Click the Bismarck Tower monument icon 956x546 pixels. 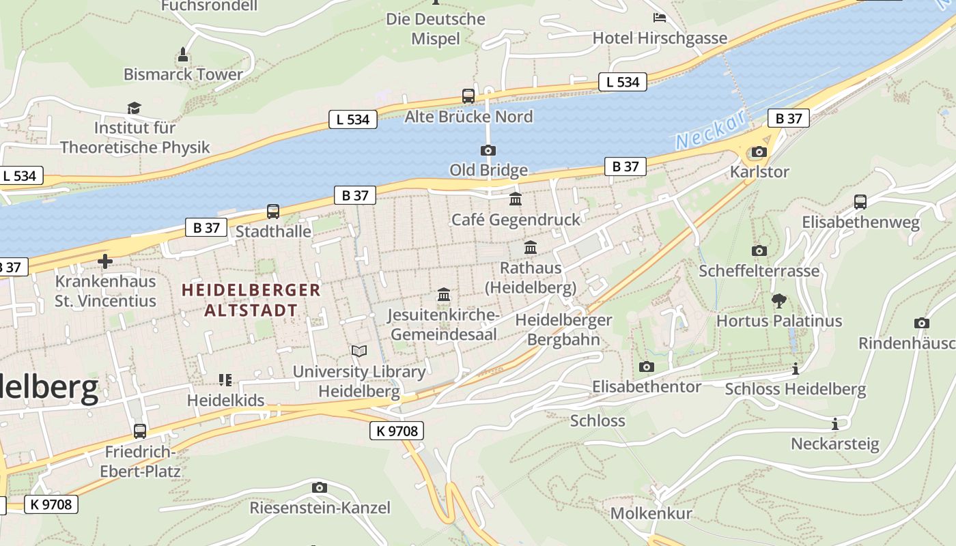(x=182, y=53)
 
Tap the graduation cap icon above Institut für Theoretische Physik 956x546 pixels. (x=134, y=108)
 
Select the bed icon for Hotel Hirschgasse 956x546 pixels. (x=659, y=18)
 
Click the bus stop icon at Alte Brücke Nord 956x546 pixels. (x=468, y=96)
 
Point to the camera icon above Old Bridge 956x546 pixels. (x=488, y=150)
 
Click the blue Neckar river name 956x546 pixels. (x=710, y=130)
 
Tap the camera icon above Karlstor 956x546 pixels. (x=759, y=152)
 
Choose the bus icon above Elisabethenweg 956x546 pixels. (x=860, y=201)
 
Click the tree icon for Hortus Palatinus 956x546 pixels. (x=778, y=300)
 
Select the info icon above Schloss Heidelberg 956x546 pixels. (x=795, y=369)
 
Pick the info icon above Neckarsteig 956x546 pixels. (x=834, y=424)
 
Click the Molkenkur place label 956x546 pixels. (x=651, y=513)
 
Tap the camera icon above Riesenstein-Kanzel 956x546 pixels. (x=319, y=487)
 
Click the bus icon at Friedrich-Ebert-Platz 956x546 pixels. (x=139, y=431)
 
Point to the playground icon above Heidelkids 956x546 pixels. (x=225, y=379)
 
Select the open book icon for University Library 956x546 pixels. (x=358, y=351)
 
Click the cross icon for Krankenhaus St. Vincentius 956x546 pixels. (x=105, y=261)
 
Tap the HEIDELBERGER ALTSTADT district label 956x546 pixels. (x=251, y=300)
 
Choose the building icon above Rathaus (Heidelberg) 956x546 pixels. (x=530, y=247)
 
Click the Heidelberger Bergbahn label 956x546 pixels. (x=563, y=329)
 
